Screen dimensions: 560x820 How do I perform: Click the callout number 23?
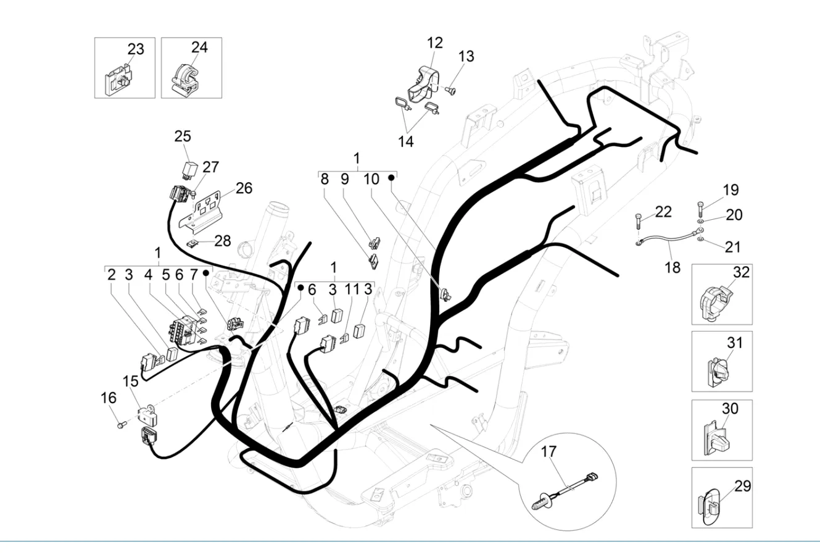click(136, 49)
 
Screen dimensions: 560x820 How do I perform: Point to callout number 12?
click(434, 43)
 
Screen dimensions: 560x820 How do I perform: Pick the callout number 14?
click(405, 141)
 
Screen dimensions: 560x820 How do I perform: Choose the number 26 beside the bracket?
click(244, 188)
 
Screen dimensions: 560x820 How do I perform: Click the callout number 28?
click(222, 240)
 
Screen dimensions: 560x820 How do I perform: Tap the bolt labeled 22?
click(637, 219)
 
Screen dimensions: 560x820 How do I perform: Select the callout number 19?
click(731, 190)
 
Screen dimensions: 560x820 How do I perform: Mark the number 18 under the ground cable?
click(673, 267)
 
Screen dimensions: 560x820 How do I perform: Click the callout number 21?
click(732, 246)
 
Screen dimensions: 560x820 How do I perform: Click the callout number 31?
click(734, 341)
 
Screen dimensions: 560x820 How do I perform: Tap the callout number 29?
click(743, 486)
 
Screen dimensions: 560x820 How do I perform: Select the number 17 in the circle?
click(549, 451)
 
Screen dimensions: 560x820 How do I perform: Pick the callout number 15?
click(130, 381)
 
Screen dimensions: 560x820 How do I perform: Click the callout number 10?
click(371, 179)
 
